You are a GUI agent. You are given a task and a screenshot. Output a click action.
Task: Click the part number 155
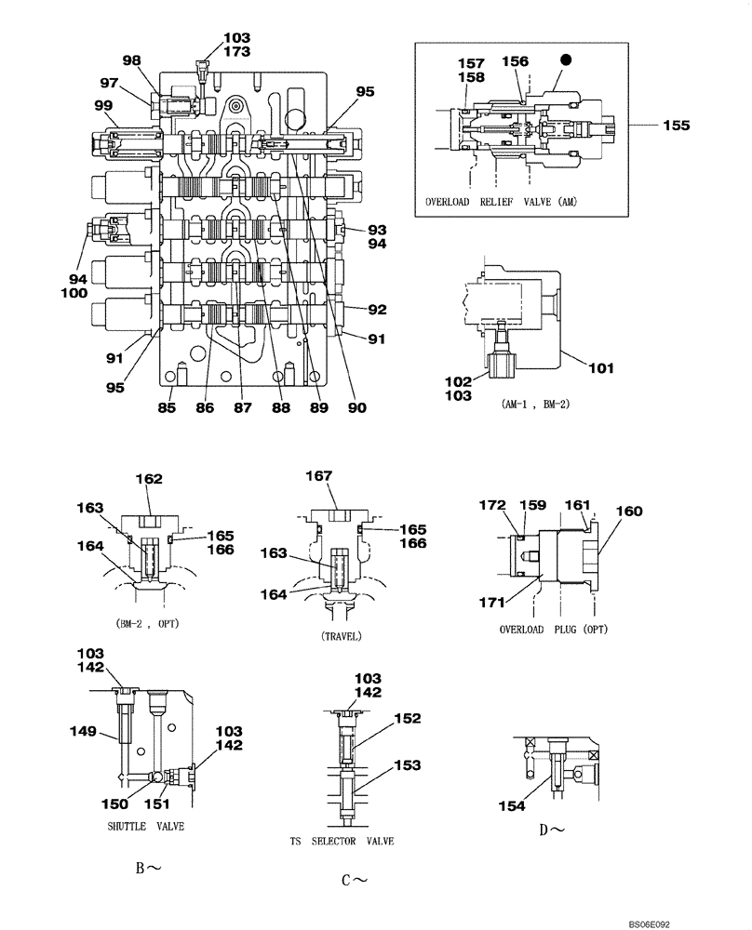677,125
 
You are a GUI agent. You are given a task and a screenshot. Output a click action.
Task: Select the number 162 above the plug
149,479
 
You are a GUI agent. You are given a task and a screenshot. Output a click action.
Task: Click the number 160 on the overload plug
629,511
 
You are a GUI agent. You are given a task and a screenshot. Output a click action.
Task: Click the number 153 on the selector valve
407,764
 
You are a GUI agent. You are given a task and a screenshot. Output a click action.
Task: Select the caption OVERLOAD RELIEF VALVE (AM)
501,201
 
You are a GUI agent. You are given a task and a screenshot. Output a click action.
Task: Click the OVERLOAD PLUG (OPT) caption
553,629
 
